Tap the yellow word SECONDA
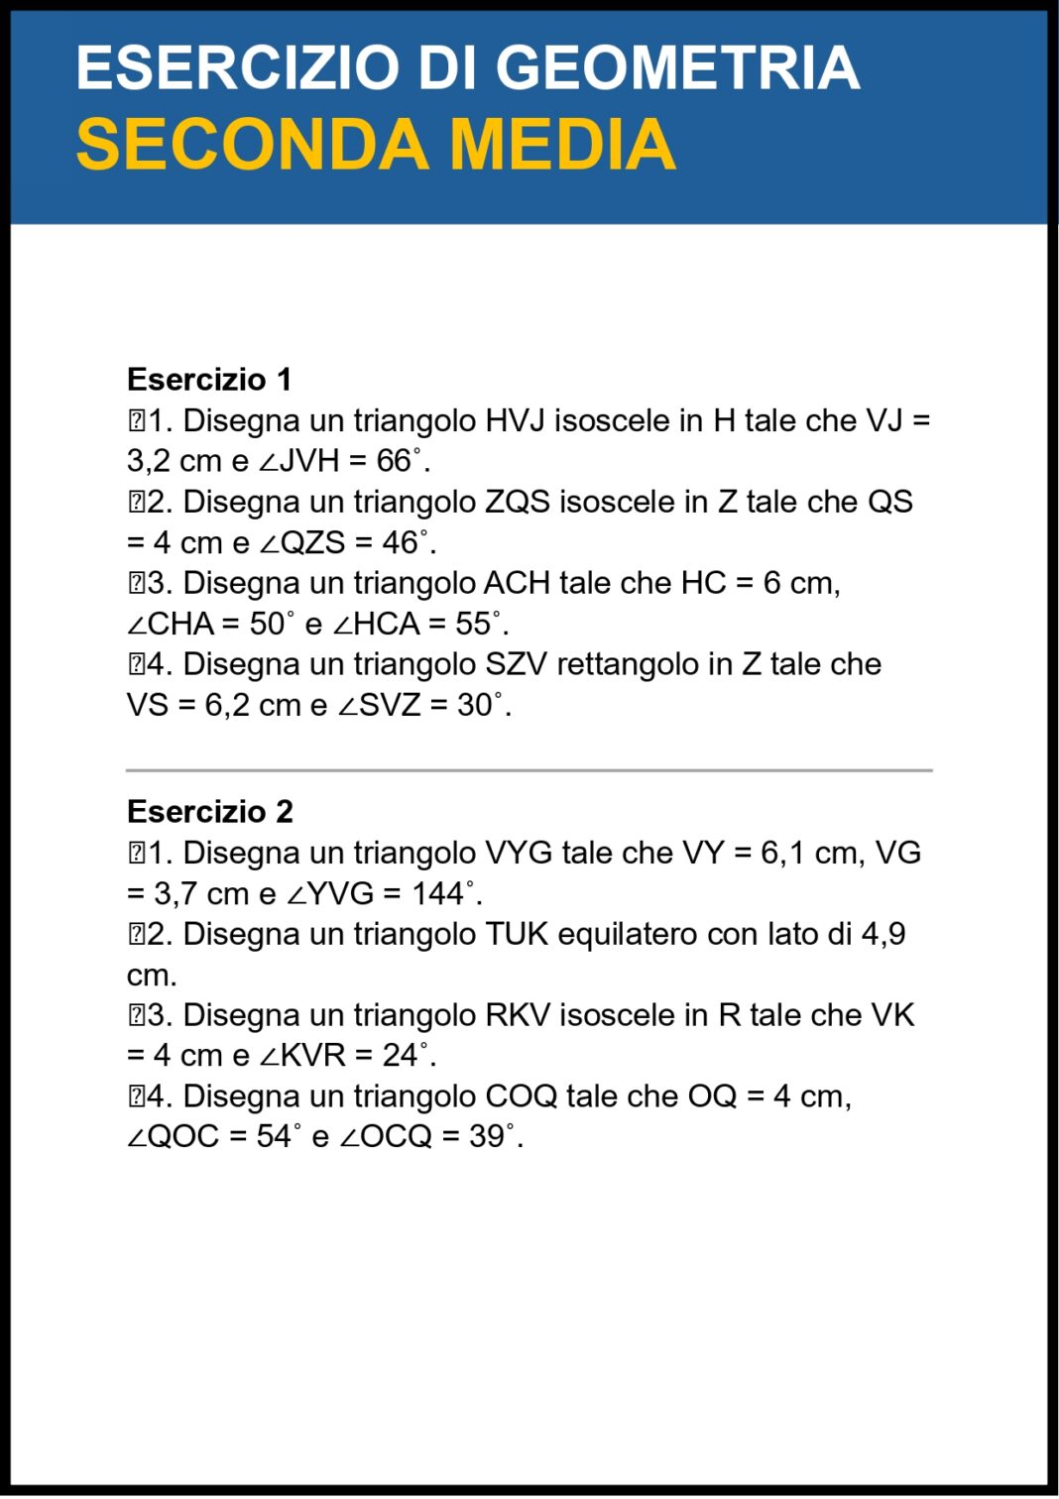[x=253, y=145]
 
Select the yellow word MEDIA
[x=562, y=145]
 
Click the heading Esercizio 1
[x=209, y=380]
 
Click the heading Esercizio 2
[x=209, y=812]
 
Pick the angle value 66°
[x=399, y=461]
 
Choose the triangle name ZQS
[x=517, y=502]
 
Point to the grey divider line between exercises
[x=529, y=770]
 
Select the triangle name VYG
[x=518, y=853]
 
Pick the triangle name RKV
[x=517, y=1015]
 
